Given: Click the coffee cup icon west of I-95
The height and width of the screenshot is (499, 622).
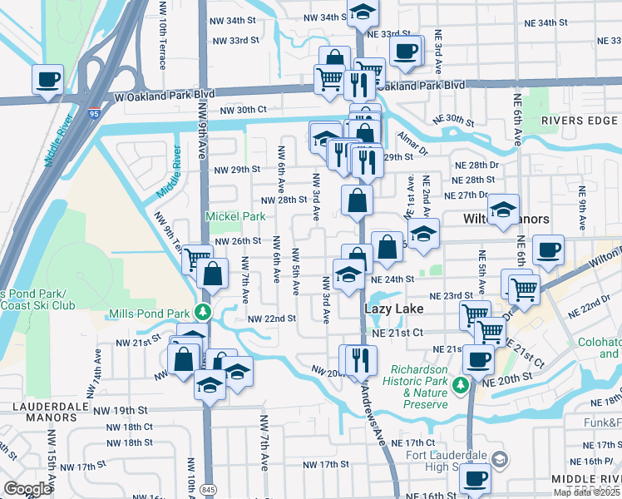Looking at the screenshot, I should tap(47, 80).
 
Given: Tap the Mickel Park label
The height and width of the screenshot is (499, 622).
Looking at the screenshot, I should tap(235, 216).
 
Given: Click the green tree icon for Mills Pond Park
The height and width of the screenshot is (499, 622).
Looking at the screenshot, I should tap(202, 313).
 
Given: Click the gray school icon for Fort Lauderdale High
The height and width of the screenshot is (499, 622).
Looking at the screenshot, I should tap(499, 458).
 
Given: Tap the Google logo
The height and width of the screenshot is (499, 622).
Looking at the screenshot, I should tap(27, 489).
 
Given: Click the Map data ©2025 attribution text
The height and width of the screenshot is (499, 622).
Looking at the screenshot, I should tap(587, 492).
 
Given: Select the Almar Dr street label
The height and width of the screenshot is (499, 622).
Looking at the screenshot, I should tap(411, 146).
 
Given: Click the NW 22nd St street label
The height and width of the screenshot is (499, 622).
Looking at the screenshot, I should tap(271, 319).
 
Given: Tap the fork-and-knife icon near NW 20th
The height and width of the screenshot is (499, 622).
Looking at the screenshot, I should tap(360, 358).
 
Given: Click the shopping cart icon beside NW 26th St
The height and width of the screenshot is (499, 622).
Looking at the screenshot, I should tap(196, 260).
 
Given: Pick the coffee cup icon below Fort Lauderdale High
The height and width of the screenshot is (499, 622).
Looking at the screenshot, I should tap(476, 479).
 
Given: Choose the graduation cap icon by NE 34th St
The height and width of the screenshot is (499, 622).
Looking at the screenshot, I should tap(362, 12).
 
